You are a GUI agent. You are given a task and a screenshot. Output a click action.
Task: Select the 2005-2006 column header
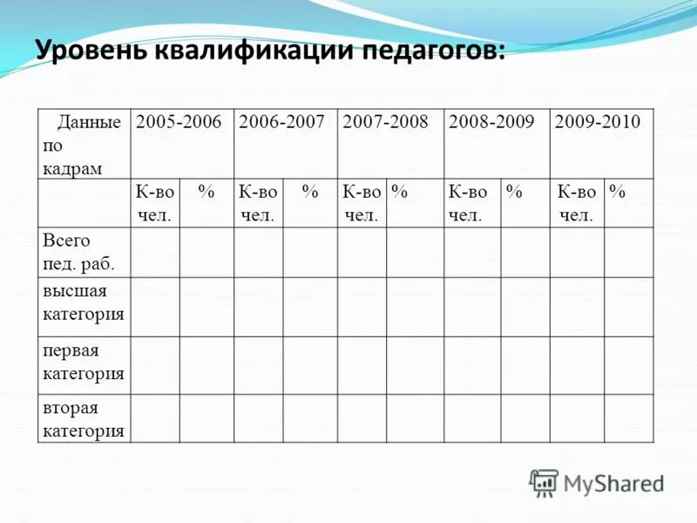tap(179, 122)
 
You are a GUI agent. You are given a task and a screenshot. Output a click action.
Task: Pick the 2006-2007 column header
tap(282, 122)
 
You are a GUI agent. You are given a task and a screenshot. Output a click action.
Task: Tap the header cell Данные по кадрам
tap(83, 145)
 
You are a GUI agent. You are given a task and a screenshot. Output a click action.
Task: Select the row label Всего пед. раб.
tap(78, 251)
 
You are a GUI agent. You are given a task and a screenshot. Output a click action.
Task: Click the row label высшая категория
tap(83, 302)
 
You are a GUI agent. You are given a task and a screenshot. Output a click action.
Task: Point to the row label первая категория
tap(83, 362)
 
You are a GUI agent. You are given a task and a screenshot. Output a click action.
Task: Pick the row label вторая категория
tap(83, 419)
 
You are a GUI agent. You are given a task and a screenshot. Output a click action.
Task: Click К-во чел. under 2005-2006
tap(155, 203)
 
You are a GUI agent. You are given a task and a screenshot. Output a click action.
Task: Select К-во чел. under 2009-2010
tap(577, 203)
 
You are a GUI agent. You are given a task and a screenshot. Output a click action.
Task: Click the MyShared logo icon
tap(544, 482)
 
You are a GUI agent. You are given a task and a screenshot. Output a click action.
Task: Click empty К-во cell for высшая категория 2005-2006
tap(155, 307)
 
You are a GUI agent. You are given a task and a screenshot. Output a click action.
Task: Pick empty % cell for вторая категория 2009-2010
tap(628, 418)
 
